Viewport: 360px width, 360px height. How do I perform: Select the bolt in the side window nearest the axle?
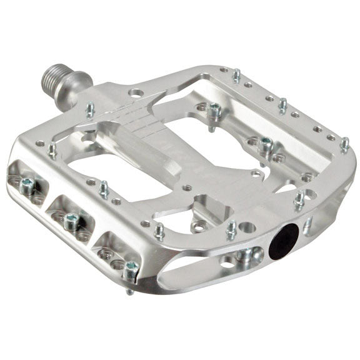coord(29,184)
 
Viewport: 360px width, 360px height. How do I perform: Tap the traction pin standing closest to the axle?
coord(90,110)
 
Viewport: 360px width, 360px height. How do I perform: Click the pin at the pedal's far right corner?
coord(344,144)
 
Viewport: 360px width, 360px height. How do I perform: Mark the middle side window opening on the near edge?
coord(69,212)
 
